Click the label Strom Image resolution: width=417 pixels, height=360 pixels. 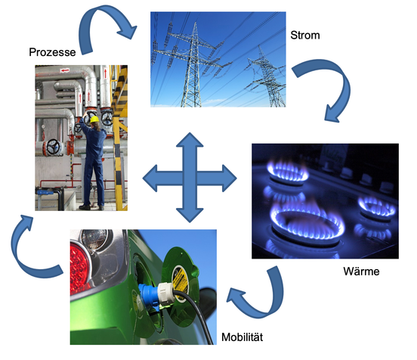click(305, 35)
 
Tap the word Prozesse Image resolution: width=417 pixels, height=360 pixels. click(52, 52)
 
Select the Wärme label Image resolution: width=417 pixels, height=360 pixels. click(361, 272)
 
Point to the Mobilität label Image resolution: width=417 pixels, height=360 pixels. click(242, 337)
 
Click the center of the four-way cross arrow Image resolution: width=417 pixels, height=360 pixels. click(190, 178)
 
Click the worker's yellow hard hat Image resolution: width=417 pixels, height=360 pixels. click(94, 119)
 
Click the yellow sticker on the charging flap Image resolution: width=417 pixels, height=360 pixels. click(180, 280)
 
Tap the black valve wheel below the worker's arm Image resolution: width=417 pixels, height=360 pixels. click(53, 147)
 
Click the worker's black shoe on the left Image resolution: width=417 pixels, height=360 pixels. click(85, 207)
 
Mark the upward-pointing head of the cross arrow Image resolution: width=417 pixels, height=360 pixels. click(190, 139)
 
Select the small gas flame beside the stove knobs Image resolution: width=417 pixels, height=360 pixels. click(377, 207)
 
